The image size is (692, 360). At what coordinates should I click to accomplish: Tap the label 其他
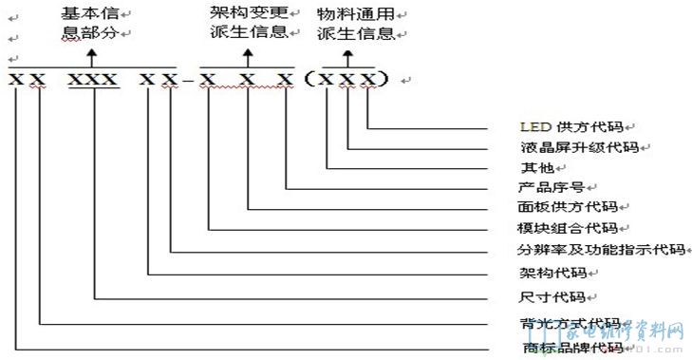[534, 167]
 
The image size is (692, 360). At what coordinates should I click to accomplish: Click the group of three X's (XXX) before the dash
[95, 79]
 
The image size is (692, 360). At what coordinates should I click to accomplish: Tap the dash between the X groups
[187, 80]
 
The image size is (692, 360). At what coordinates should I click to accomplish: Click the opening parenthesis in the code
[309, 79]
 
